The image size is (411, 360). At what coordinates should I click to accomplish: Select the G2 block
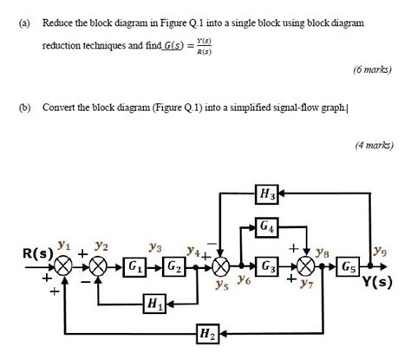(x=174, y=265)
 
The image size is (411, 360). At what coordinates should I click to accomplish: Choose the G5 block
(x=350, y=265)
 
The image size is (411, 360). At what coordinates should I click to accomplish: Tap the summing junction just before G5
(x=307, y=265)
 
